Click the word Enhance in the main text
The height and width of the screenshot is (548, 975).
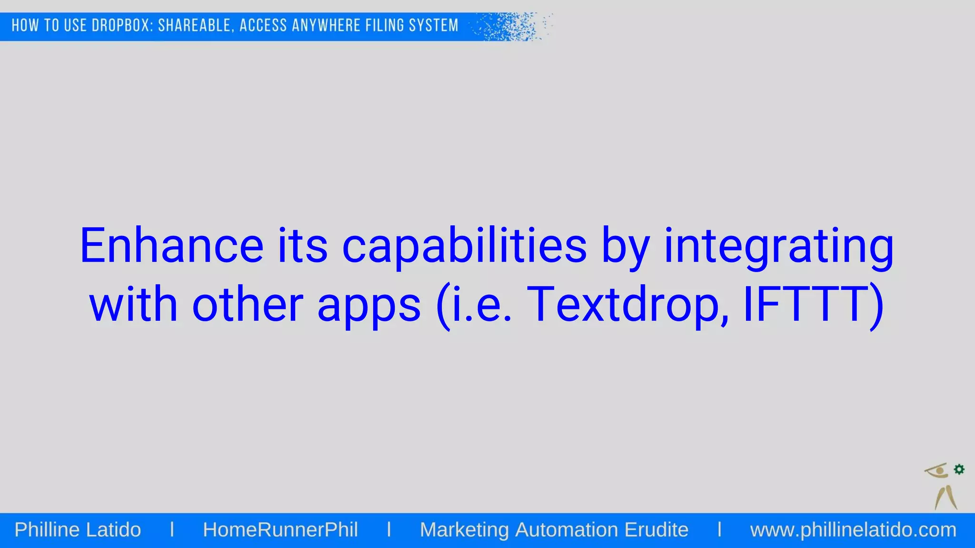171,246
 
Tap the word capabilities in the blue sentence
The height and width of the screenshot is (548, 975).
464,246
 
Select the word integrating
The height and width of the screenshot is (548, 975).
779,246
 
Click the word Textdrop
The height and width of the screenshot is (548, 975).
627,304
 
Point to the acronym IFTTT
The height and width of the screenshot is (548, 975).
807,304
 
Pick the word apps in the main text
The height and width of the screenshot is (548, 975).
369,304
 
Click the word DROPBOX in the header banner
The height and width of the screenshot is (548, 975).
122,26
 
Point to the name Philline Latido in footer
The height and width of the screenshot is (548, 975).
78,530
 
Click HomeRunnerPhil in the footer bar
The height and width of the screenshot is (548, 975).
280,530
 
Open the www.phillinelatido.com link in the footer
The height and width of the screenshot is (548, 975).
853,530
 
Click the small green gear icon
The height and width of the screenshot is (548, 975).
959,470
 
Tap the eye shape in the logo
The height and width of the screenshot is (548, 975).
937,471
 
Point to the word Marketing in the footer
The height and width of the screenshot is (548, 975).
464,530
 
